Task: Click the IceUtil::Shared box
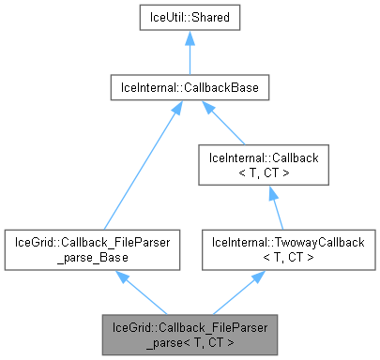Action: pyautogui.click(x=190, y=17)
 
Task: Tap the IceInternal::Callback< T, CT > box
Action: pyautogui.click(x=269, y=163)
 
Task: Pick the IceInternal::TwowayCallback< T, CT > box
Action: pyautogui.click(x=269, y=247)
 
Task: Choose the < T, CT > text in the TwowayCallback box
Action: pyautogui.click(x=269, y=255)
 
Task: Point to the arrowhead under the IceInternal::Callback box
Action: pyautogui.click(x=269, y=192)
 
